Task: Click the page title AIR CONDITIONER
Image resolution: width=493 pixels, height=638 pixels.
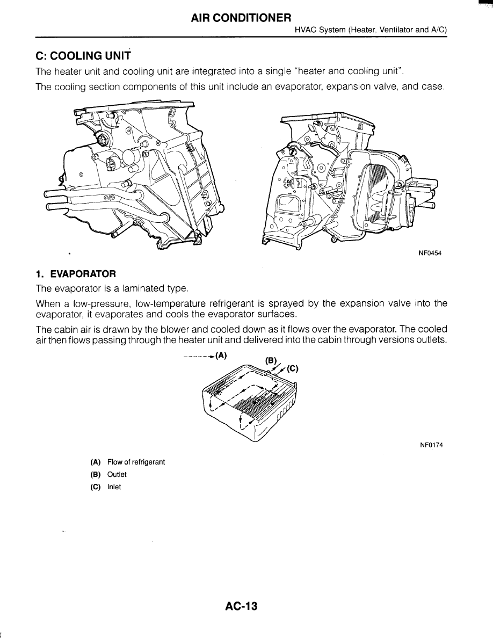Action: click(241, 18)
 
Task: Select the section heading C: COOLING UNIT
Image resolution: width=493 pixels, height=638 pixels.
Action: click(83, 56)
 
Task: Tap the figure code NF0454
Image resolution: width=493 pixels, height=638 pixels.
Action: click(430, 254)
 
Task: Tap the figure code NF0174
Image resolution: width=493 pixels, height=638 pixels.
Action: click(431, 445)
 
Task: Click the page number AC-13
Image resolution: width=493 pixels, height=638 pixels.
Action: click(242, 606)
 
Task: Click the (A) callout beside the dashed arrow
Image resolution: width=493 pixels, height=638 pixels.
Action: click(221, 355)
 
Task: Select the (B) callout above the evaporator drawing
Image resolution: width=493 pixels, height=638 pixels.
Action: click(271, 360)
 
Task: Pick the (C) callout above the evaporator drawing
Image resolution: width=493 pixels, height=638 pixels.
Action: click(292, 368)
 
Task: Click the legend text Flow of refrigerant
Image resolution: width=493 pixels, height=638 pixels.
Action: click(136, 462)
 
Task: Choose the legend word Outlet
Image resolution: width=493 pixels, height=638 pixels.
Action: click(117, 475)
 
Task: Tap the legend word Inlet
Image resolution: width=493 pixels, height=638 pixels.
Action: click(114, 487)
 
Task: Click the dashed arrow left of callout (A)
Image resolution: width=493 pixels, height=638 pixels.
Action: click(198, 356)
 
